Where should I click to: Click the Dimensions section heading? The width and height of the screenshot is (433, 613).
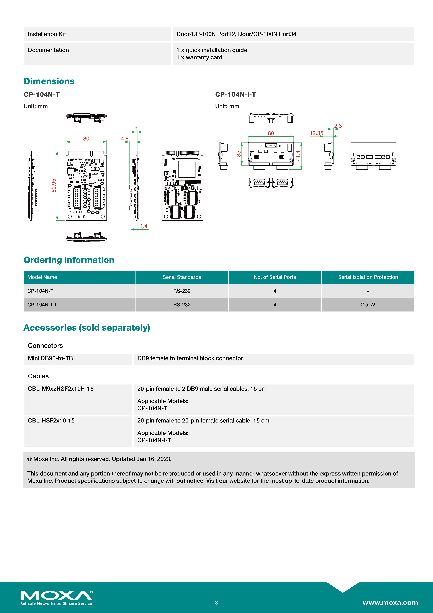49,81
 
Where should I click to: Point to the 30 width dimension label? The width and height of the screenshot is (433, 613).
86,139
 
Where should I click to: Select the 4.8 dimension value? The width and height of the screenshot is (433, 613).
125,139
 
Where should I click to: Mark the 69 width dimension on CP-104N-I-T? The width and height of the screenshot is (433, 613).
271,134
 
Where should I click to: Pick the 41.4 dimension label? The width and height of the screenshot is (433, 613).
298,156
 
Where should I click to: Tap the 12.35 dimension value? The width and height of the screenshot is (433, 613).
316,133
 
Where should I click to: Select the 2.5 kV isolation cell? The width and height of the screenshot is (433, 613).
368,305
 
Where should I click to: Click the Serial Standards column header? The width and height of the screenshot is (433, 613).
182,277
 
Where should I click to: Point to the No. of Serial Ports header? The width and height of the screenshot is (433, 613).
275,277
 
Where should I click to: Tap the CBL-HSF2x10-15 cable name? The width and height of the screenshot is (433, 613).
51,421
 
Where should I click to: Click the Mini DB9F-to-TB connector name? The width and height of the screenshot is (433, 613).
50,358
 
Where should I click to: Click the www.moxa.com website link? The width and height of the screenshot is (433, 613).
390,603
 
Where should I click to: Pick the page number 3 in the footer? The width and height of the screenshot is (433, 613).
216,603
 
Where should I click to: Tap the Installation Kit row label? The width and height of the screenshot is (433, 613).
47,34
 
